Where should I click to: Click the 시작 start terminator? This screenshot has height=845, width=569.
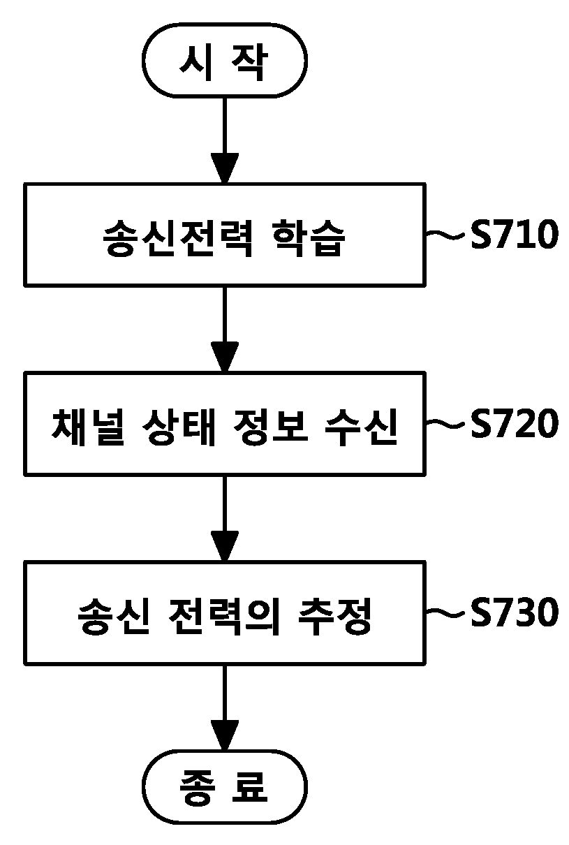(x=224, y=61)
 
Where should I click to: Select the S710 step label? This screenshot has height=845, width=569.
(x=514, y=234)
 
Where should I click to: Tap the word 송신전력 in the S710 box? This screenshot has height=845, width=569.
(x=177, y=237)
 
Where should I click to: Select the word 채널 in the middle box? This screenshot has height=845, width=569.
(x=88, y=427)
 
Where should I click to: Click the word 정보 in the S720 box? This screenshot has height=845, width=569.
(x=270, y=427)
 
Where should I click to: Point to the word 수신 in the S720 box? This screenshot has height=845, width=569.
(x=361, y=427)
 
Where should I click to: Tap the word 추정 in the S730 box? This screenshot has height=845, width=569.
(x=334, y=616)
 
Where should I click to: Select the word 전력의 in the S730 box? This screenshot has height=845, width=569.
(x=223, y=616)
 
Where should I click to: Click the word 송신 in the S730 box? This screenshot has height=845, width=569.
(x=114, y=616)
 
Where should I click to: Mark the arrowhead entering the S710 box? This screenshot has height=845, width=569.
(x=224, y=168)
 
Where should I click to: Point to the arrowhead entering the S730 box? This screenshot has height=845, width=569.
(x=224, y=546)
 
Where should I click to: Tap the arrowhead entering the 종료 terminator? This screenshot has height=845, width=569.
(x=224, y=735)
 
